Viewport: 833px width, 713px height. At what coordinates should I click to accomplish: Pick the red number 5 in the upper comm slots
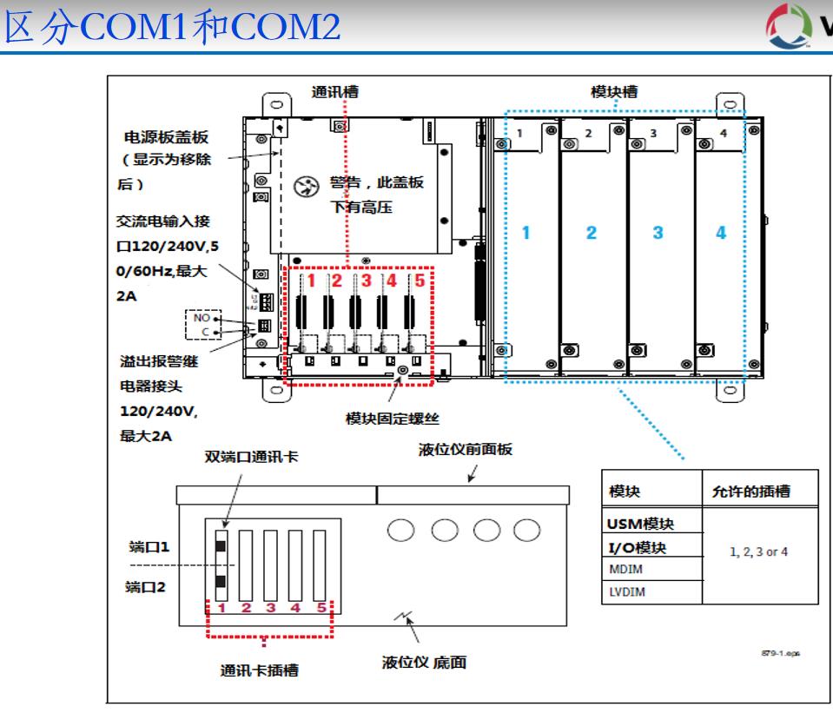[x=420, y=280]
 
